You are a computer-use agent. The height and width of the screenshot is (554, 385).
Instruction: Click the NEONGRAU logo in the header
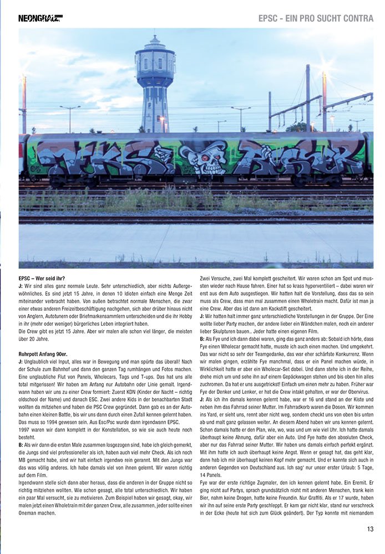coord(40,18)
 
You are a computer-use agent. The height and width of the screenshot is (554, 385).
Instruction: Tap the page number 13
coord(369,529)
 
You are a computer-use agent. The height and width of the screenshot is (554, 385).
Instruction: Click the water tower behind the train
coord(155,83)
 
